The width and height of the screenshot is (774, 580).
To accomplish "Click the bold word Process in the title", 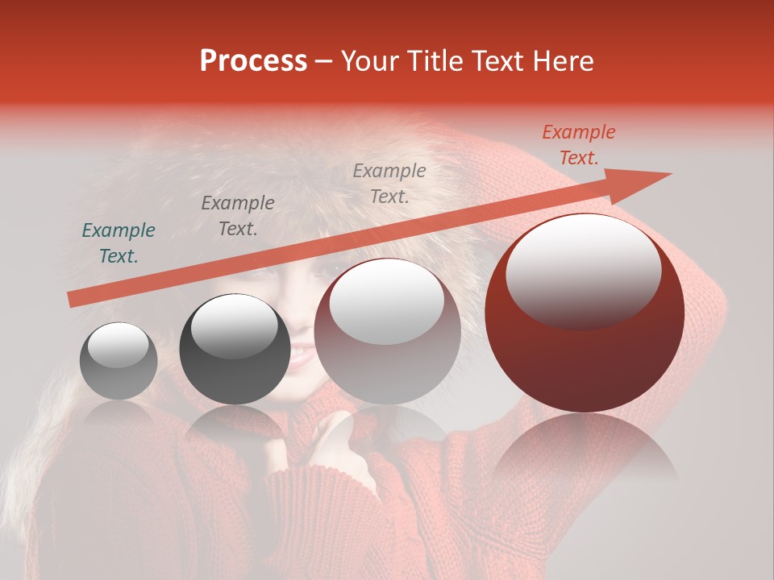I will tap(253, 61).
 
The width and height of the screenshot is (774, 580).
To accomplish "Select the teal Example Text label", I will tap(119, 243).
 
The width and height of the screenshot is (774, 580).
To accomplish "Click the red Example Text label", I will tap(578, 145).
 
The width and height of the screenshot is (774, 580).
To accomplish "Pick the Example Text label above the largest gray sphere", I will tap(389, 183).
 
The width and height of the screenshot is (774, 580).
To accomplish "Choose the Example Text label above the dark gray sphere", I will tap(238, 215).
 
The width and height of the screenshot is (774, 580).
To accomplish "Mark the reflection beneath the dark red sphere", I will tap(585, 451).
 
